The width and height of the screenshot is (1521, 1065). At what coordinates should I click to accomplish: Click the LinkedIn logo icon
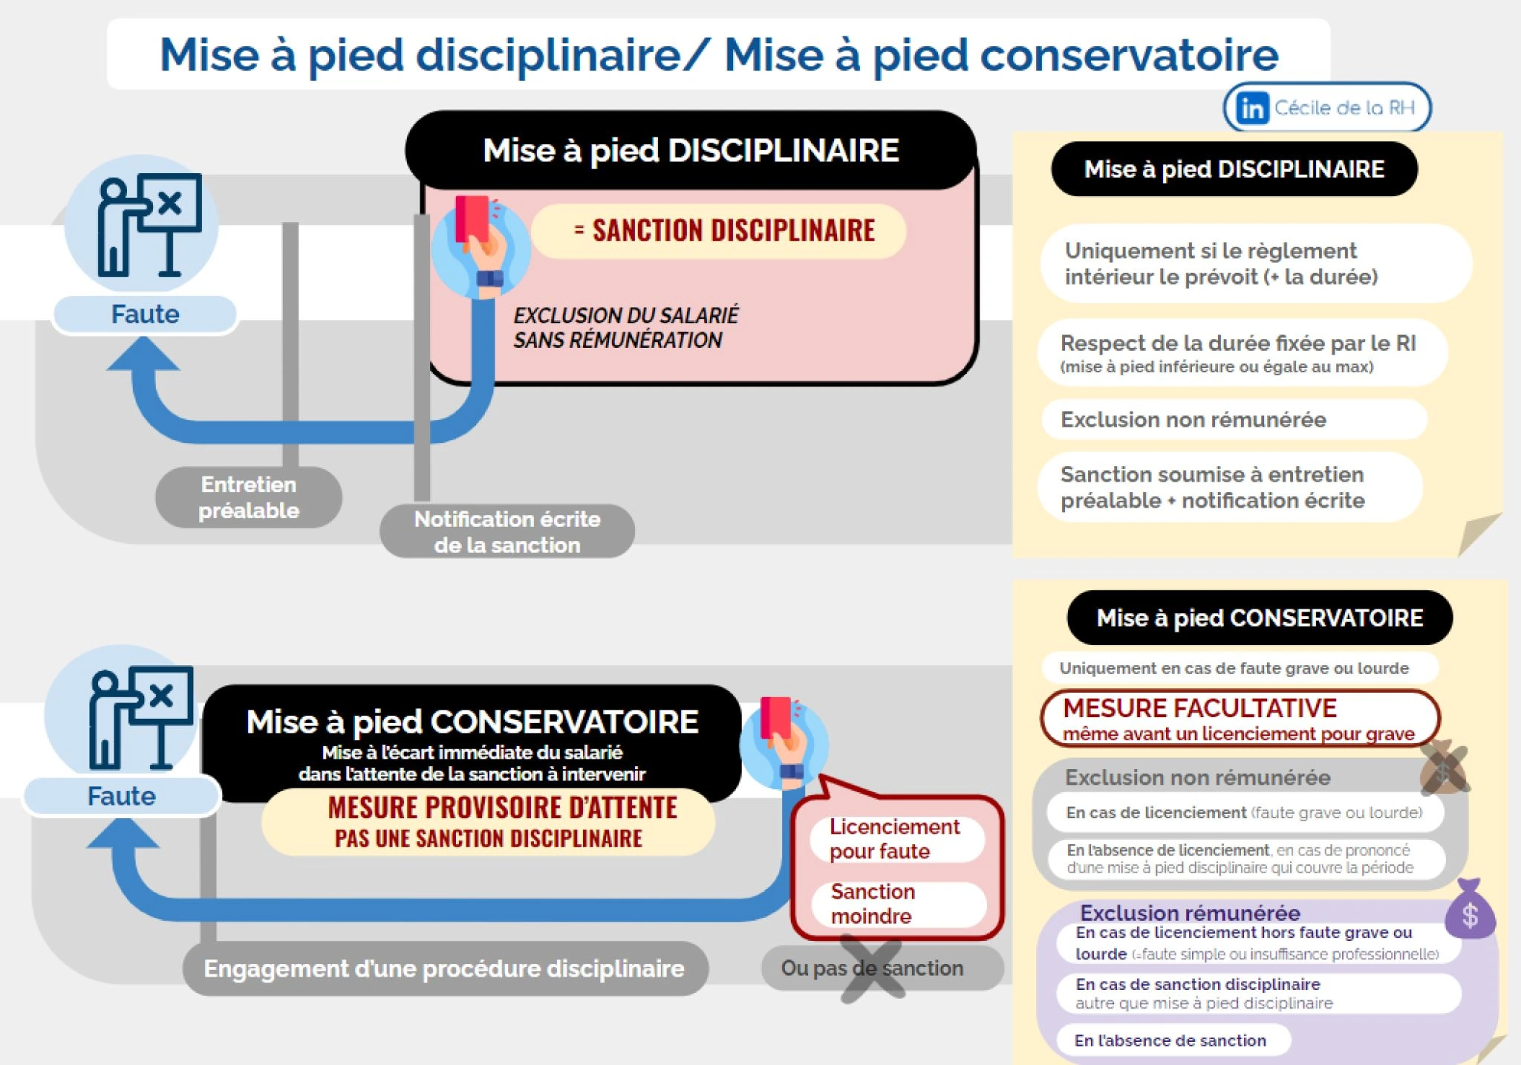coord(1252,109)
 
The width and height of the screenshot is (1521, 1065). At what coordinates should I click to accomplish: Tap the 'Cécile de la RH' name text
coord(1344,108)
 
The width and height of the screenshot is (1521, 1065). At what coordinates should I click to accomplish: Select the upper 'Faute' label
coord(145,314)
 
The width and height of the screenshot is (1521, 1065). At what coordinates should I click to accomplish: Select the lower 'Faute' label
coord(122,796)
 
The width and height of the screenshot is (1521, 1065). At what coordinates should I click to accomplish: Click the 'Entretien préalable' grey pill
coord(249,497)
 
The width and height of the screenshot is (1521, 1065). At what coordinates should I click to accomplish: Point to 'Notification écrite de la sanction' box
coord(507,531)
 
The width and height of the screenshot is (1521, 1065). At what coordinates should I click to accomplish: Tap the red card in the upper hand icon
coord(472,217)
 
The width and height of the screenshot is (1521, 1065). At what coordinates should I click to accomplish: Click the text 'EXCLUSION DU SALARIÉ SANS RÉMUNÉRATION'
coord(625,328)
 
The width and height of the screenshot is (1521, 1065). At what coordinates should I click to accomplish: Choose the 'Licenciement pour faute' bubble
coord(894,838)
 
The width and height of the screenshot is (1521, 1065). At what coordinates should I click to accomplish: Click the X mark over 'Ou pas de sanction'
coord(872,969)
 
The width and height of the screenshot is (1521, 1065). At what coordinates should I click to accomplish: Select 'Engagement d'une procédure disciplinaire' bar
coord(444,968)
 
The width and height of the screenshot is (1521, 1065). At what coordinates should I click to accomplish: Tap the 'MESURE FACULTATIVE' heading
coord(1199,708)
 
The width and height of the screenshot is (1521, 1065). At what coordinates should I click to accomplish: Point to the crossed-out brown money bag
coord(1443,770)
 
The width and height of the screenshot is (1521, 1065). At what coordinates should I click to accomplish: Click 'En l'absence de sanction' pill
coord(1170,1040)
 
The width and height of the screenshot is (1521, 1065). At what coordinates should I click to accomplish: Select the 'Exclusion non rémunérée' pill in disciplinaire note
coord(1193,420)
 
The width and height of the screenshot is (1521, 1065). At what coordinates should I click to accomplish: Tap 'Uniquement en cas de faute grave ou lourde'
coord(1234,668)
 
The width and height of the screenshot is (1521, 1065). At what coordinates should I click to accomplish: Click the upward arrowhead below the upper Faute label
coord(143,355)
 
